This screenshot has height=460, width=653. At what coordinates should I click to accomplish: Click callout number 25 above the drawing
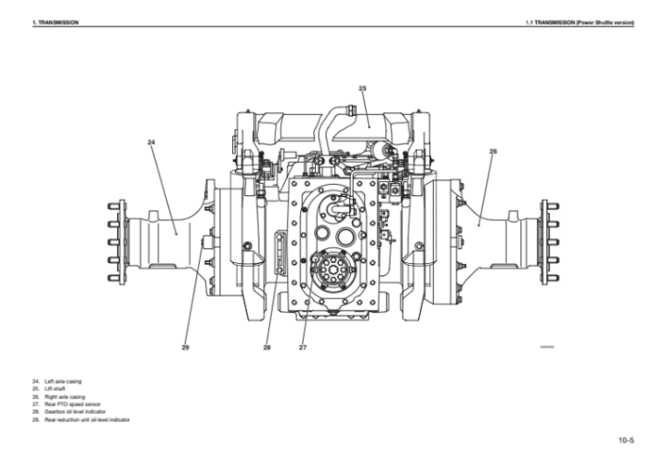coord(362,88)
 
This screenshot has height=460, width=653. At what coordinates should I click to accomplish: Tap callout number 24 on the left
coord(151,143)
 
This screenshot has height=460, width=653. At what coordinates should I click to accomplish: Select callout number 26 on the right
coord(493,152)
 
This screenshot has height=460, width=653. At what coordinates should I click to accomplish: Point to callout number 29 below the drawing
coord(185,347)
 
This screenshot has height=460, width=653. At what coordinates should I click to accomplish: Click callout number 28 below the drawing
coord(266,347)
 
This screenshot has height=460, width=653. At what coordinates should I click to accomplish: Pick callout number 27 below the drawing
coord(303,347)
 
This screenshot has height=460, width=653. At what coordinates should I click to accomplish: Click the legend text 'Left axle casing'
coord(64,382)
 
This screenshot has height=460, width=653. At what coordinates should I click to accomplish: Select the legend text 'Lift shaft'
coord(55,389)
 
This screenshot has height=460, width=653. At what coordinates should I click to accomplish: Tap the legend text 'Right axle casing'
coord(64,397)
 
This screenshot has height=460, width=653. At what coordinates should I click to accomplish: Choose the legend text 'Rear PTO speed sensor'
coord(73,404)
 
